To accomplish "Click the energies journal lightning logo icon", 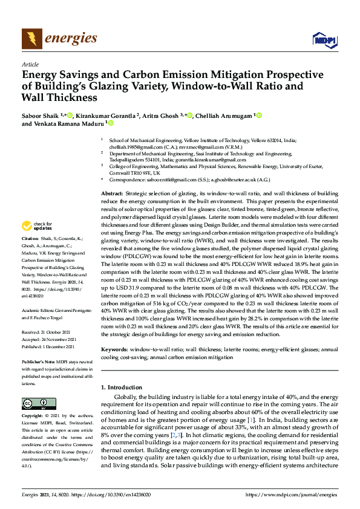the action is click(x=31, y=38).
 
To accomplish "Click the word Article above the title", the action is click(x=30, y=64).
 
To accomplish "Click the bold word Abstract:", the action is click(x=112, y=192).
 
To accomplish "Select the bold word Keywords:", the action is click(x=114, y=350).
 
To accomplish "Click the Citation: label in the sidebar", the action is click(x=31, y=255).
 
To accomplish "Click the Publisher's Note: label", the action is click(x=40, y=359).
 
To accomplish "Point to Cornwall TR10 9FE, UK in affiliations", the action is click(x=134, y=172).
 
